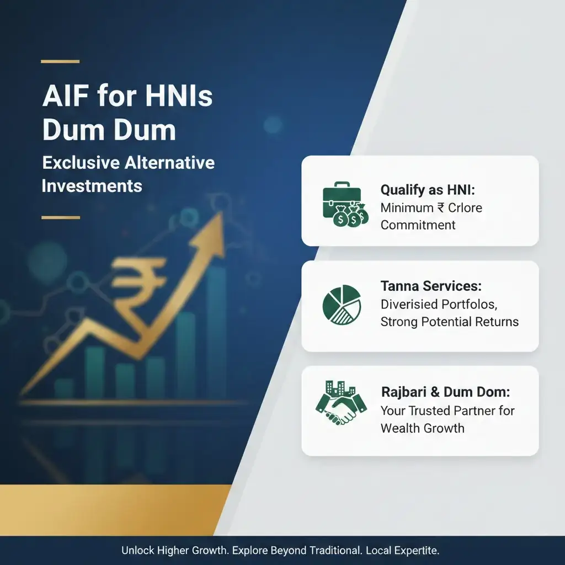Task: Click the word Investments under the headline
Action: pyautogui.click(x=92, y=185)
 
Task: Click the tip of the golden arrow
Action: pyautogui.click(x=221, y=216)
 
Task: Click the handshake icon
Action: pyautogui.click(x=340, y=405)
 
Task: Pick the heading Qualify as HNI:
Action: pyautogui.click(x=428, y=190)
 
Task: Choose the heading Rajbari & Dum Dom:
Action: pyautogui.click(x=445, y=392)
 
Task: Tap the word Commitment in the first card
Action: pyautogui.click(x=418, y=225)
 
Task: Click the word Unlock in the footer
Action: pyautogui.click(x=137, y=551)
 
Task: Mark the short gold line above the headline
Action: pyautogui.click(x=60, y=62)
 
